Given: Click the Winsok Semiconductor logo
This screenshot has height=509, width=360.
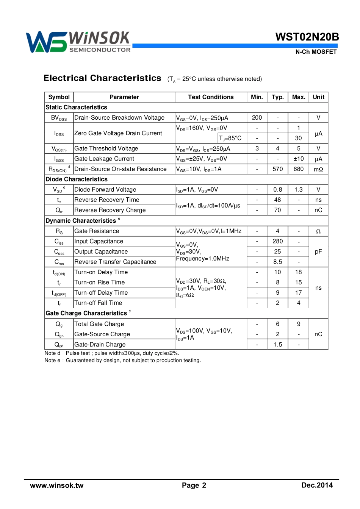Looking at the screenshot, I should (x=78, y=42).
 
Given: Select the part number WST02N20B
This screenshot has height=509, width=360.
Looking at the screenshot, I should (x=307, y=37).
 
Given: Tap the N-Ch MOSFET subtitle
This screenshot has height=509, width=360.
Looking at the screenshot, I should (x=316, y=52).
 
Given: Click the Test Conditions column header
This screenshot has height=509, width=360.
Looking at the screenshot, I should (x=211, y=97).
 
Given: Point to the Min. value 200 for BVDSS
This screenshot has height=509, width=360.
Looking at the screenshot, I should (x=257, y=118).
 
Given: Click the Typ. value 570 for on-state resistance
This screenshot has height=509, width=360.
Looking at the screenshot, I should (x=278, y=169).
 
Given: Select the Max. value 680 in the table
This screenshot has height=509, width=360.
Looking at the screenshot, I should (x=299, y=169).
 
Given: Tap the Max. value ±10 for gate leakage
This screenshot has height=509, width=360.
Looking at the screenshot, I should (x=299, y=159).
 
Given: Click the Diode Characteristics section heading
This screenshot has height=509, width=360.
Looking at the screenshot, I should (x=77, y=179).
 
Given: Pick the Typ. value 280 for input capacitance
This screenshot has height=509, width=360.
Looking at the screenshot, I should (x=278, y=241).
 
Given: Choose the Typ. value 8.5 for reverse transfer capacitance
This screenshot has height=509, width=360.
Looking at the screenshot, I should (x=278, y=262).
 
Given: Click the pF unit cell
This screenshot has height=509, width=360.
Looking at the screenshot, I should (x=318, y=251).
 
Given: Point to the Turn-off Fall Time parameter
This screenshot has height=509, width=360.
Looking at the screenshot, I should (x=98, y=303).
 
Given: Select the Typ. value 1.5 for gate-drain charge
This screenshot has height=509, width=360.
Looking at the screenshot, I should (x=278, y=345).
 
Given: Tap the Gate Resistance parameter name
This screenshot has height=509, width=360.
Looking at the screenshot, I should (x=97, y=231).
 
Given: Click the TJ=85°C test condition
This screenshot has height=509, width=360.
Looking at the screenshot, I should (x=230, y=138).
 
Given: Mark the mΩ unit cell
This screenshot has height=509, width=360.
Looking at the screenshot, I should (x=318, y=169).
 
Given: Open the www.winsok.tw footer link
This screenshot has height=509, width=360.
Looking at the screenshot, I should (x=57, y=486).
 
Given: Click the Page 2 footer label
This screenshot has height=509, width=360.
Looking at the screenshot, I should (x=194, y=486).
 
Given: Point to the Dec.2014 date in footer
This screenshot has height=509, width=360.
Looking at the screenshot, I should (x=317, y=486).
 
